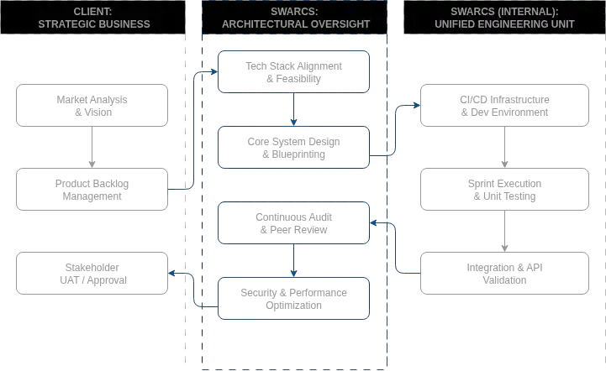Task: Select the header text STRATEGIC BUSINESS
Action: (x=94, y=24)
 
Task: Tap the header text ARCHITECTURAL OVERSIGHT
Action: (x=295, y=24)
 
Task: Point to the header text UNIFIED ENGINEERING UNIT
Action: (x=504, y=24)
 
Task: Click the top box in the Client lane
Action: (x=91, y=104)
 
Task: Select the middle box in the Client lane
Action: (x=91, y=191)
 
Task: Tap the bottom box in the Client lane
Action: (x=91, y=272)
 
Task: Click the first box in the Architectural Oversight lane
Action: (x=292, y=71)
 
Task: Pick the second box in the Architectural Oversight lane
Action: (x=292, y=148)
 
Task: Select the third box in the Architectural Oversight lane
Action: (x=292, y=222)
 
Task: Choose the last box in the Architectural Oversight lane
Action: (x=292, y=298)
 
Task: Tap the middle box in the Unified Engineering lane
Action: (x=503, y=191)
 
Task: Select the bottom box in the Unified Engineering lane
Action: (x=503, y=272)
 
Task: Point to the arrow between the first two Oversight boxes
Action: (x=292, y=109)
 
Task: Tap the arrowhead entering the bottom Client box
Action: (x=172, y=272)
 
